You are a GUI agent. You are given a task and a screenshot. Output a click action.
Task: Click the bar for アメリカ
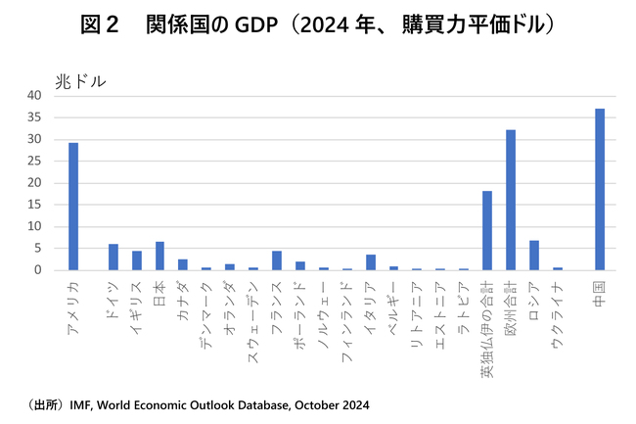(73, 207)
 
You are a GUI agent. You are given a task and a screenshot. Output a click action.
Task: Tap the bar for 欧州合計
(511, 200)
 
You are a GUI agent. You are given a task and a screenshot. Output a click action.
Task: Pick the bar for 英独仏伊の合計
(487, 230)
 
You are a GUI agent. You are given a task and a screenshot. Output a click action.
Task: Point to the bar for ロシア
(533, 255)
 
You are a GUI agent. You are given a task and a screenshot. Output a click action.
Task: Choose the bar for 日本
(160, 256)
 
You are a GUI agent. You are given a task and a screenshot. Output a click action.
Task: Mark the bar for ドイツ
(113, 257)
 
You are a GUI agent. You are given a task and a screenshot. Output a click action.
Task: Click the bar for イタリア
(370, 262)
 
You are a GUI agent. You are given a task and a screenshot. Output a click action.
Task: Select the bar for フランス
(277, 260)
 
